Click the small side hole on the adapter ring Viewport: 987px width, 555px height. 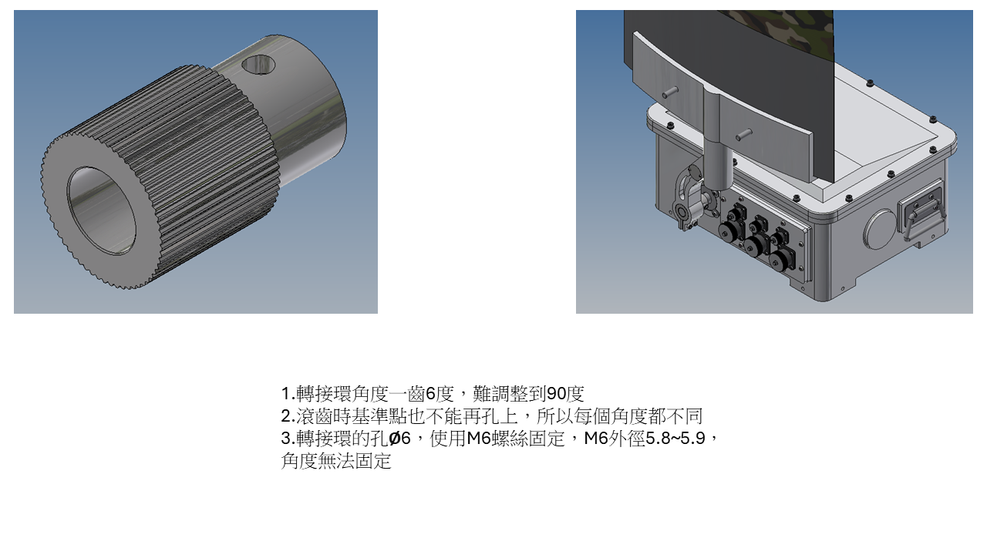click(x=258, y=65)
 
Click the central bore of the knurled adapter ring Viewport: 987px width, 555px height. click(x=101, y=210)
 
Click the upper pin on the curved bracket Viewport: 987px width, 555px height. click(x=670, y=92)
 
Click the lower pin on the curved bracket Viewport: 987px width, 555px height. click(x=744, y=134)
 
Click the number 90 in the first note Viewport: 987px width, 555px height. click(x=556, y=394)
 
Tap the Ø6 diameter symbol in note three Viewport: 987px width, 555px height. click(x=399, y=439)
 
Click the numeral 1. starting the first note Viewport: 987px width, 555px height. click(x=288, y=394)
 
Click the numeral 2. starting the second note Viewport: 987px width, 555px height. click(x=288, y=416)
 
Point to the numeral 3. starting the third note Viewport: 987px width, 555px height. click(x=288, y=439)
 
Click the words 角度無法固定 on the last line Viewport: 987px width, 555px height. click(x=336, y=461)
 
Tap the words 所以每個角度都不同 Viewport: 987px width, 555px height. click(x=619, y=416)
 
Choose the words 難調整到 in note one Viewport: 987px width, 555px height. click(x=510, y=394)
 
